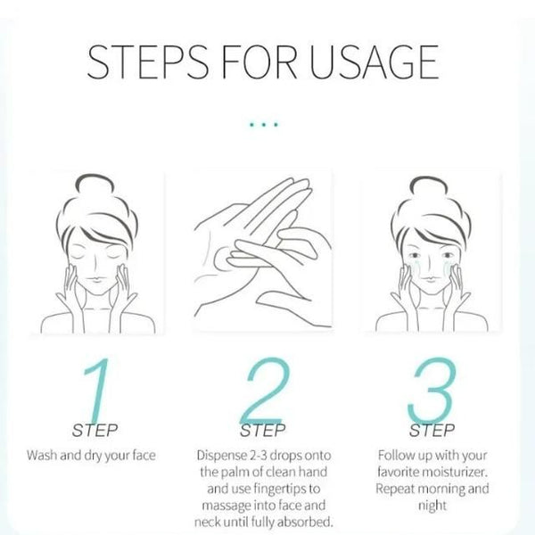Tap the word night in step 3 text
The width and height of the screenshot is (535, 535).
point(432,505)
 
